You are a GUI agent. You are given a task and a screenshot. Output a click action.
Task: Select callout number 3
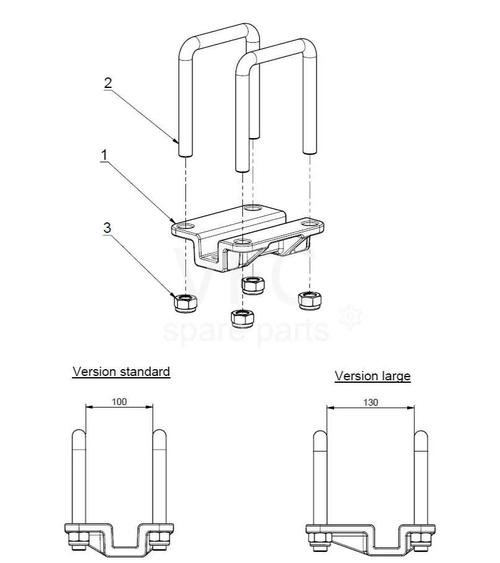[x=107, y=228]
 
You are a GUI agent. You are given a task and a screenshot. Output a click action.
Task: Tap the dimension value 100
[x=120, y=401]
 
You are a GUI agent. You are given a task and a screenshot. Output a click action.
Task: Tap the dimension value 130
[x=371, y=402]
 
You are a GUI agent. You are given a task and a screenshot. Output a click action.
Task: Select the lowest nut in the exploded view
[x=240, y=318]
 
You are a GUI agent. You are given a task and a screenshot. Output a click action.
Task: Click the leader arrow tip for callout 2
[x=178, y=142]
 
